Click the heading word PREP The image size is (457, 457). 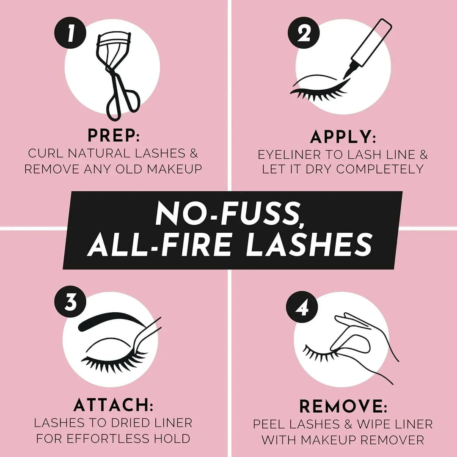(x=113, y=136)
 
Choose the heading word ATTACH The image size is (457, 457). (x=113, y=405)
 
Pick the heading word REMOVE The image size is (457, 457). (x=343, y=407)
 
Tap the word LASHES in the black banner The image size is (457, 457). (x=309, y=245)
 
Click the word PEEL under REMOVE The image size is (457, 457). (x=270, y=424)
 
